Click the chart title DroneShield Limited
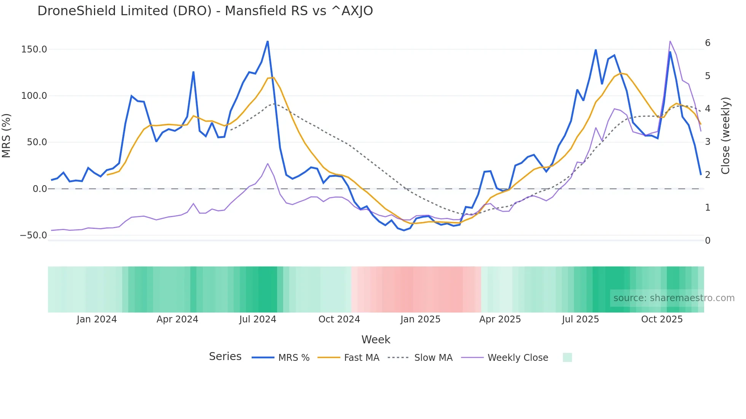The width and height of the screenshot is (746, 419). pyautogui.click(x=205, y=11)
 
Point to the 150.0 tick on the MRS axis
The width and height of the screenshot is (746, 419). pyautogui.click(x=34, y=49)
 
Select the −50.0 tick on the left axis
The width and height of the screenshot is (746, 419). pyautogui.click(x=33, y=235)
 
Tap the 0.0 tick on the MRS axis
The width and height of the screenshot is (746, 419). pyautogui.click(x=40, y=189)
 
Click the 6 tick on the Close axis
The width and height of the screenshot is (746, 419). pyautogui.click(x=708, y=43)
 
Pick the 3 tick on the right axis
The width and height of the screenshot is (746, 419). pyautogui.click(x=708, y=142)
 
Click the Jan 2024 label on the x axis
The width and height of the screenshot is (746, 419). pyautogui.click(x=97, y=319)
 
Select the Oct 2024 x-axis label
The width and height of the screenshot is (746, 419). pyautogui.click(x=339, y=319)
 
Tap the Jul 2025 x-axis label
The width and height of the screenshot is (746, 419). pyautogui.click(x=580, y=319)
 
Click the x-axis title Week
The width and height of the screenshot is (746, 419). pyautogui.click(x=376, y=340)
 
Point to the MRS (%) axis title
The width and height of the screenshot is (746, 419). pyautogui.click(x=6, y=135)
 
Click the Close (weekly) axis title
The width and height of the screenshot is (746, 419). pyautogui.click(x=725, y=136)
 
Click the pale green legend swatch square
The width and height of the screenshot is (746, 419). pyautogui.click(x=567, y=357)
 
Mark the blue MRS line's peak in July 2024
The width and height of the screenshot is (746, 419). pyautogui.click(x=268, y=41)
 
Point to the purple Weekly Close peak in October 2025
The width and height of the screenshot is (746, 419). pyautogui.click(x=670, y=41)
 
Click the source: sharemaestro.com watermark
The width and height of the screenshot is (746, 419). pyautogui.click(x=674, y=298)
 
